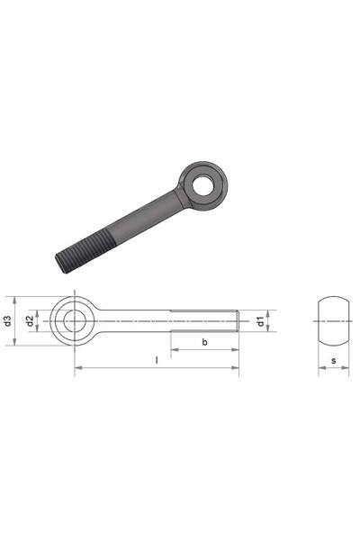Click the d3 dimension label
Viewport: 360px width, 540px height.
(x=8, y=321)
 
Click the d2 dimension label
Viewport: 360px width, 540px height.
(x=31, y=321)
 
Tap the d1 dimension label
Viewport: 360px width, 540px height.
(x=261, y=321)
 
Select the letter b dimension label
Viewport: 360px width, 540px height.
(x=204, y=342)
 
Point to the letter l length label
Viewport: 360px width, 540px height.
(x=157, y=360)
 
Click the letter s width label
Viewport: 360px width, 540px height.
(x=334, y=361)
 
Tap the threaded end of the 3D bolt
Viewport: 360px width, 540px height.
(x=85, y=250)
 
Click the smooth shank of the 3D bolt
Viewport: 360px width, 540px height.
(x=145, y=216)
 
